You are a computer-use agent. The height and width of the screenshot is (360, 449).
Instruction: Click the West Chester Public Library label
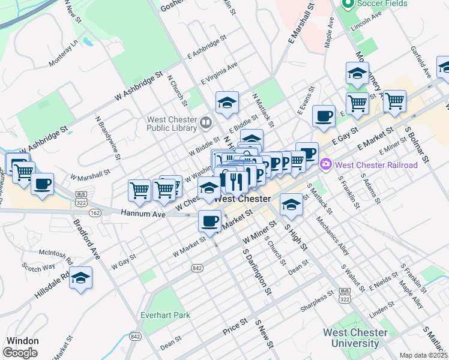click(172, 123)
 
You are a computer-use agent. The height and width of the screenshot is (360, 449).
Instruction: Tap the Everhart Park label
click(165, 315)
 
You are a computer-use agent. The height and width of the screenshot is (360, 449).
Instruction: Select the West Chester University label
click(351, 338)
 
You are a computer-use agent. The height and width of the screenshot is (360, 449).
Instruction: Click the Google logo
click(20, 353)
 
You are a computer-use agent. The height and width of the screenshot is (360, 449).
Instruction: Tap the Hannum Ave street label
click(142, 213)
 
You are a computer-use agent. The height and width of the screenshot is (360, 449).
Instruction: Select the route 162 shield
click(95, 212)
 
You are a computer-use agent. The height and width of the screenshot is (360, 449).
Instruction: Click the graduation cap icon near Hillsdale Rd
click(81, 278)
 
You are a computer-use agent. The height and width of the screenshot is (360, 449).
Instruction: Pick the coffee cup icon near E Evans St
click(324, 116)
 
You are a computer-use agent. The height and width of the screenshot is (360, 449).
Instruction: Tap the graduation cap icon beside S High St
click(291, 205)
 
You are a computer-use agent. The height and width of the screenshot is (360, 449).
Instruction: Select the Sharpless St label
click(318, 298)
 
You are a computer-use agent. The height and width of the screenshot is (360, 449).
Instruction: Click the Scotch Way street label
click(38, 266)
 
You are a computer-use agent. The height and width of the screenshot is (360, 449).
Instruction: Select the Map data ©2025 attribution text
click(423, 355)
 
